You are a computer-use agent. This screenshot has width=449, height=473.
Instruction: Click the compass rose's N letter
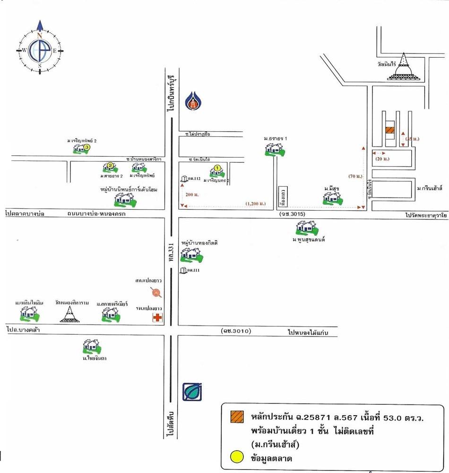(x=40, y=35)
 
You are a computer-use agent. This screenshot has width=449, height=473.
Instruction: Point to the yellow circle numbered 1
(x=217, y=167)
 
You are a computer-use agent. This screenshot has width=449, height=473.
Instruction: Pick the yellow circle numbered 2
(x=110, y=165)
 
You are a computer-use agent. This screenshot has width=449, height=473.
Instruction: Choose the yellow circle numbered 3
(x=87, y=147)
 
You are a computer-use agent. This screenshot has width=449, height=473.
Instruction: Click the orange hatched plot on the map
(x=389, y=131)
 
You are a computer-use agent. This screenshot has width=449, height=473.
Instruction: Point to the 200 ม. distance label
(x=192, y=195)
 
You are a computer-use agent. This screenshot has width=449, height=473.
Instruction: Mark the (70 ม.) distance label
(x=355, y=176)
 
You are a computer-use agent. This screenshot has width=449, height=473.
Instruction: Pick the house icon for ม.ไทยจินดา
(x=92, y=347)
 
